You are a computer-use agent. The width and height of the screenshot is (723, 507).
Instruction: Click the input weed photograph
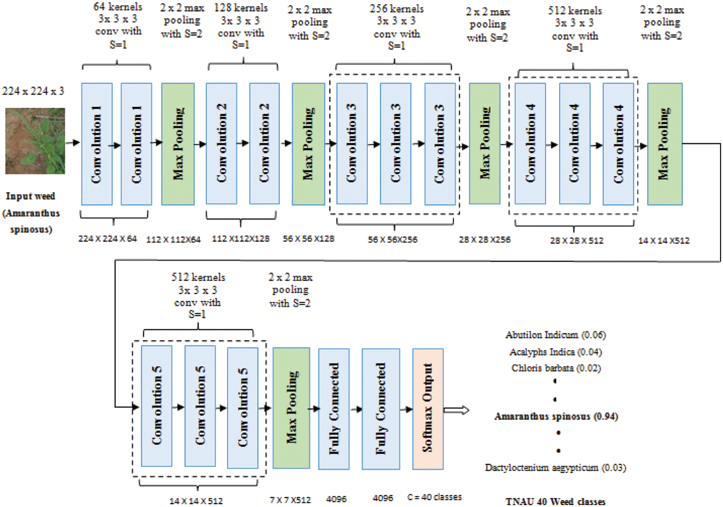[x=35, y=141]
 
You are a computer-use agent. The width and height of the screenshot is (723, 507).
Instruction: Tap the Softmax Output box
[x=428, y=409]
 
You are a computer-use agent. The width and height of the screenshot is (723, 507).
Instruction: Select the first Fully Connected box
[x=334, y=409]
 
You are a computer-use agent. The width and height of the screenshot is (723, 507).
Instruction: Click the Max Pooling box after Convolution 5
[x=291, y=408]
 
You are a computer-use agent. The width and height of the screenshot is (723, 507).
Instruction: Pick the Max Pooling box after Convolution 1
[x=178, y=144]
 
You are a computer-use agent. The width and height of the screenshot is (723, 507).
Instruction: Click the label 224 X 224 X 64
[x=107, y=239]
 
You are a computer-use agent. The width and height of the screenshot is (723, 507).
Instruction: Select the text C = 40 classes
[x=434, y=497]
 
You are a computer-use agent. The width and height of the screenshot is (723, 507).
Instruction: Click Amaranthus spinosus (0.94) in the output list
[x=556, y=416]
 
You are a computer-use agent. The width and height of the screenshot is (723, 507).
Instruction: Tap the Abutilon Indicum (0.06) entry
[x=556, y=335]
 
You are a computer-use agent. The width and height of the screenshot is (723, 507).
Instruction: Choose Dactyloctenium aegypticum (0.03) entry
[x=556, y=467]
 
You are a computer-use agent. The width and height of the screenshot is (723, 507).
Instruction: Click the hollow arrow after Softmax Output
[x=456, y=410]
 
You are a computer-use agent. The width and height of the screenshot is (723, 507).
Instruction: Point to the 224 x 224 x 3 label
[x=33, y=91]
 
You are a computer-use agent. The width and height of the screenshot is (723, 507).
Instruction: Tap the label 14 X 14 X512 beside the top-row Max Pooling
[x=664, y=241]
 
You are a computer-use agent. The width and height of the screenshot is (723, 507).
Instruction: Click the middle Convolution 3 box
[x=396, y=144]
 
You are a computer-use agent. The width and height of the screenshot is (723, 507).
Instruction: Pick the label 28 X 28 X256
[x=484, y=240]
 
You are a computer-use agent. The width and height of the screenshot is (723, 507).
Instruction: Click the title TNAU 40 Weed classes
[x=556, y=501]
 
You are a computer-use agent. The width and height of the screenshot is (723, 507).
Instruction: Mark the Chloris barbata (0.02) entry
[x=556, y=368]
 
